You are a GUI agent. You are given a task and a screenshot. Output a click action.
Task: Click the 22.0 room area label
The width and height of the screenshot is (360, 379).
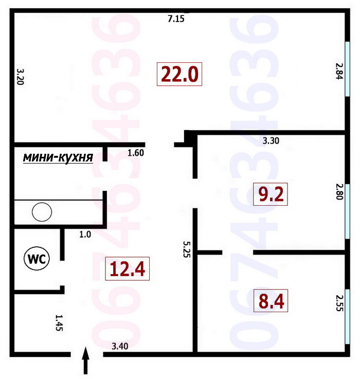(179, 75)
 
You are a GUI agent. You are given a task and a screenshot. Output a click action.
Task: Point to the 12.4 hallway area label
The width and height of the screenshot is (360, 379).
(127, 268)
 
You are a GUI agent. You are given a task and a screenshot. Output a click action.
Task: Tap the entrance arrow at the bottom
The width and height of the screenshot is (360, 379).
(86, 360)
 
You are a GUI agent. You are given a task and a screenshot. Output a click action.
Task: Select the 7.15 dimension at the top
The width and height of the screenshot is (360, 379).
(176, 19)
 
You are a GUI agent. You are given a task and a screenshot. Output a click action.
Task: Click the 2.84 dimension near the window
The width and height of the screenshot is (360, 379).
(339, 71)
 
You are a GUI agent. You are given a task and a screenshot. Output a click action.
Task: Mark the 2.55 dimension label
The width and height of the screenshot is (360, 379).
(339, 303)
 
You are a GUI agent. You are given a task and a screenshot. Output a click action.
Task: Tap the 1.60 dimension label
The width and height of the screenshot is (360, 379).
(136, 152)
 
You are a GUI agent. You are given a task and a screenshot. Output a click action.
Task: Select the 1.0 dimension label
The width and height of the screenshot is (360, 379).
(85, 234)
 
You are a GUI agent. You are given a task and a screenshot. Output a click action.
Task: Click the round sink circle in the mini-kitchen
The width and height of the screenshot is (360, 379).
(42, 211)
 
